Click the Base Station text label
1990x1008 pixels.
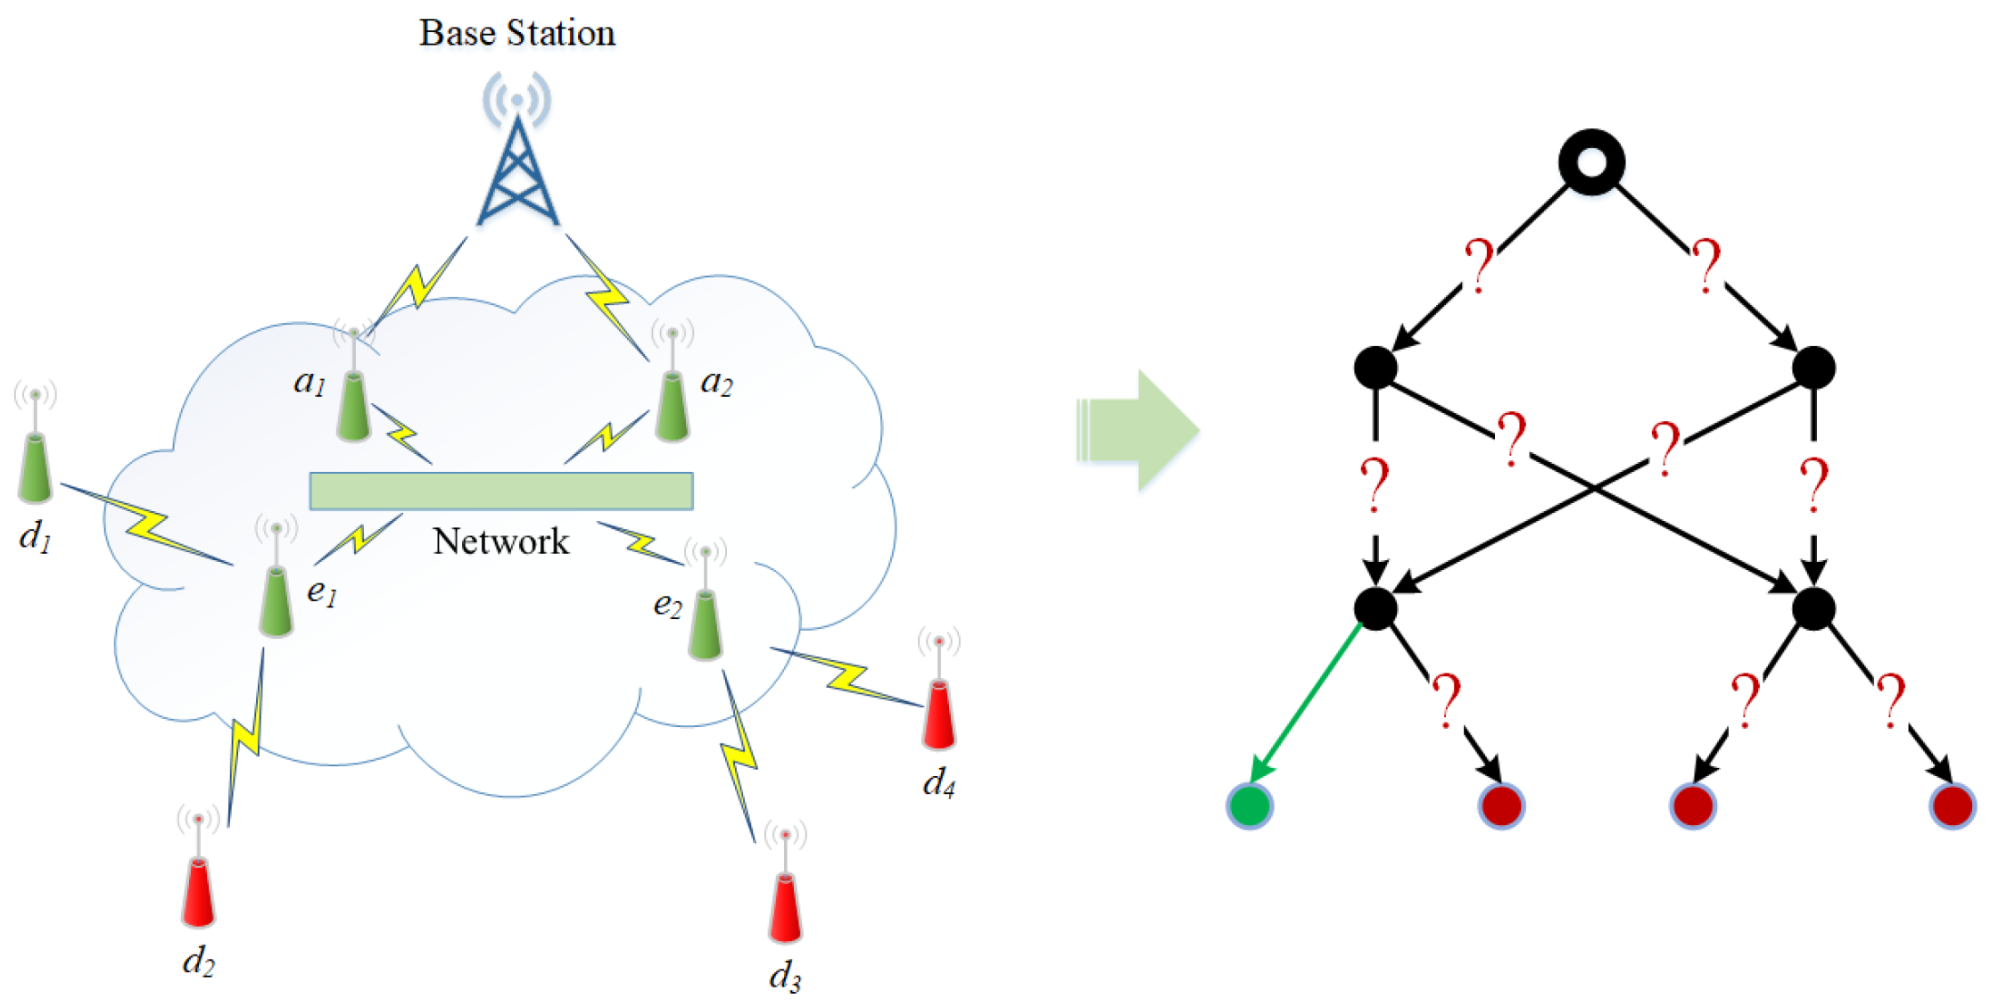tap(517, 33)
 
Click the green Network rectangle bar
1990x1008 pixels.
tap(501, 491)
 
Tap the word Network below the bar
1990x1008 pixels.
tap(501, 541)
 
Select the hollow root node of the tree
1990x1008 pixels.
tap(1591, 162)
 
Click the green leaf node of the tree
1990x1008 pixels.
tap(1250, 806)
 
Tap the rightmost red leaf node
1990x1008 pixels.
tap(1953, 806)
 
